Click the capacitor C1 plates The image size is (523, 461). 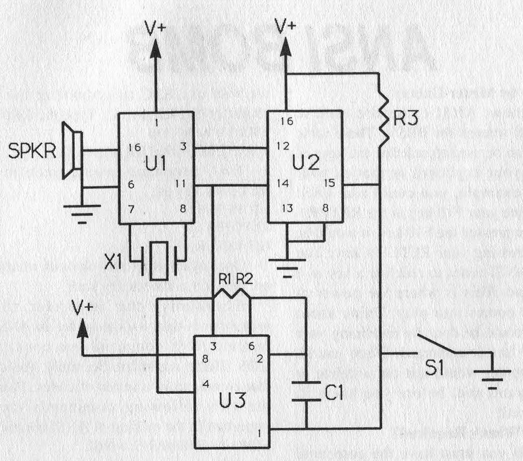coord(307,390)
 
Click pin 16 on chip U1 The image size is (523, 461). coord(134,147)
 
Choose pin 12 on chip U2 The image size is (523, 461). coord(283,146)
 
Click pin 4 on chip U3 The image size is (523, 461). coord(205,384)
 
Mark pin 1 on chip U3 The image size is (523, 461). coord(259,433)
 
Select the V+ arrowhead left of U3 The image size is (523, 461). coord(82,328)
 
